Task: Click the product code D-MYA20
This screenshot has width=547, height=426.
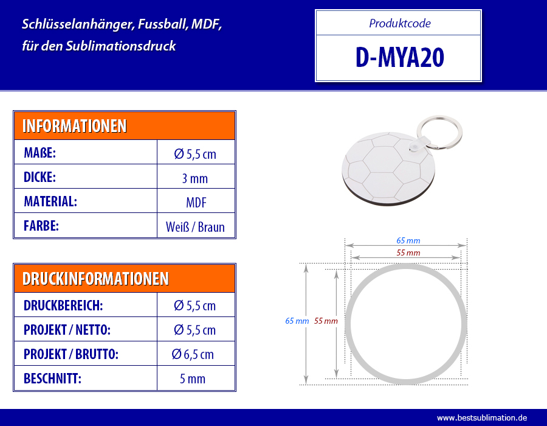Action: coord(399,58)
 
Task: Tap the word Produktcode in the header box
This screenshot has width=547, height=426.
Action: coord(400,23)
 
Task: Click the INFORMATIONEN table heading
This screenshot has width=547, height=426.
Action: coord(74,126)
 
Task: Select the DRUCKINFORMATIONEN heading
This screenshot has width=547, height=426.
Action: coord(95,279)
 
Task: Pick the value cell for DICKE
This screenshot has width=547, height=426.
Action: coord(196,176)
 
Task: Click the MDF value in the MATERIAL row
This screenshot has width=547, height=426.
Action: coord(196,203)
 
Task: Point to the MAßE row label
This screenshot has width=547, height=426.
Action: coord(40,153)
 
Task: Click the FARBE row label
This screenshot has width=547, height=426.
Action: coord(41,226)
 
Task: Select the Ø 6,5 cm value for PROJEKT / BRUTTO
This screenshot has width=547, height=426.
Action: coord(193,354)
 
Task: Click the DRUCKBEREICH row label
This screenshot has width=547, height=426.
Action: coord(63,306)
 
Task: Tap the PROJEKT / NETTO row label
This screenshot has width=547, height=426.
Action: coord(67,330)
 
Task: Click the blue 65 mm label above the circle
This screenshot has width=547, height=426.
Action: coord(408,240)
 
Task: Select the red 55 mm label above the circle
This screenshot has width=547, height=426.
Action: coord(408,253)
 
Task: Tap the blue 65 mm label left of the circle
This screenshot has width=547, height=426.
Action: coord(297,321)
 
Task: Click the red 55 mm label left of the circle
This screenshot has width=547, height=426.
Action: coord(326,321)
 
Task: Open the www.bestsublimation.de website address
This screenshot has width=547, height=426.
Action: coord(482,417)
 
